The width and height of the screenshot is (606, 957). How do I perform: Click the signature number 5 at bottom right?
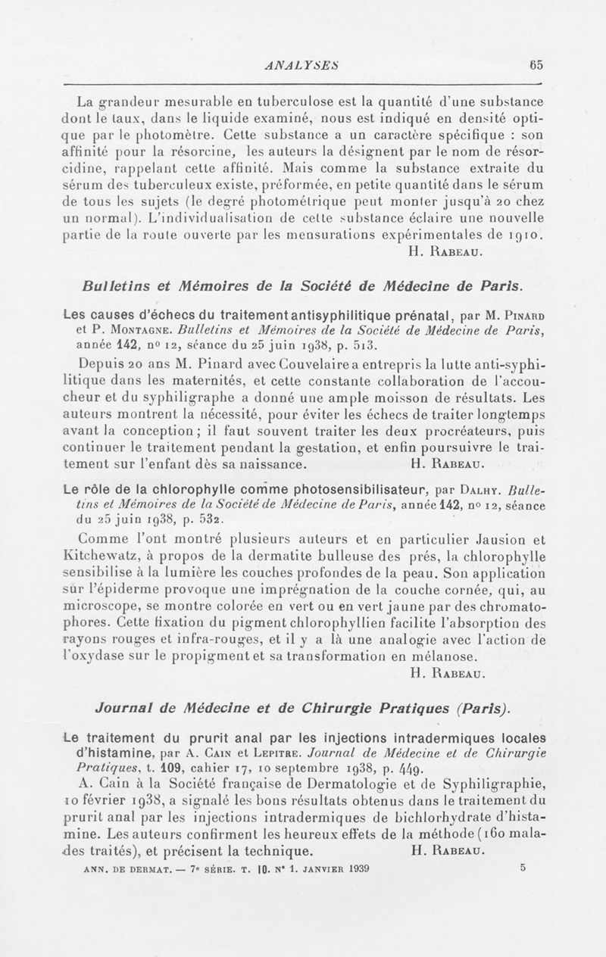coord(523,868)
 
